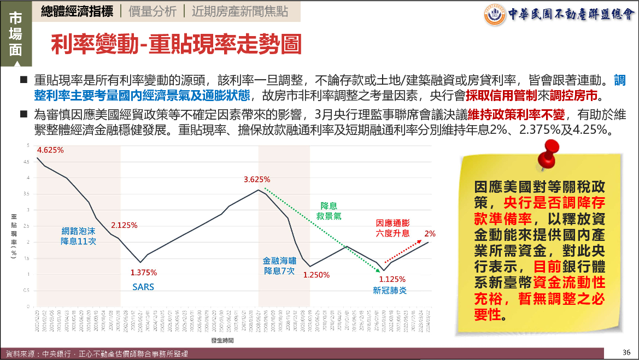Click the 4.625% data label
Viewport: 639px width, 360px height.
(x=51, y=150)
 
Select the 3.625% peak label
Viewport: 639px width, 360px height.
(x=257, y=179)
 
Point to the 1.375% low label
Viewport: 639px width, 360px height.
(x=144, y=272)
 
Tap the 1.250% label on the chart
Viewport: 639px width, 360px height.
(x=316, y=275)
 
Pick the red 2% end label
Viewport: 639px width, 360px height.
(x=430, y=233)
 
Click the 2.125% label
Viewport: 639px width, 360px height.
(x=124, y=225)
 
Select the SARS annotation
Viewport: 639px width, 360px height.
(x=143, y=287)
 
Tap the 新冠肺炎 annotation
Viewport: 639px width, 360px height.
(x=390, y=291)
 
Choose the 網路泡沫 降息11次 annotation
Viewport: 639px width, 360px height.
(x=78, y=236)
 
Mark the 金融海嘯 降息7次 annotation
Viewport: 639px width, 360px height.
(x=279, y=266)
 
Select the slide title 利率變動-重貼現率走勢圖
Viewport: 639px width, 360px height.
(x=175, y=45)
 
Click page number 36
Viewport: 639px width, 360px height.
(x=626, y=352)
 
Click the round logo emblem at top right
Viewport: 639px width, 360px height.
(x=495, y=15)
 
